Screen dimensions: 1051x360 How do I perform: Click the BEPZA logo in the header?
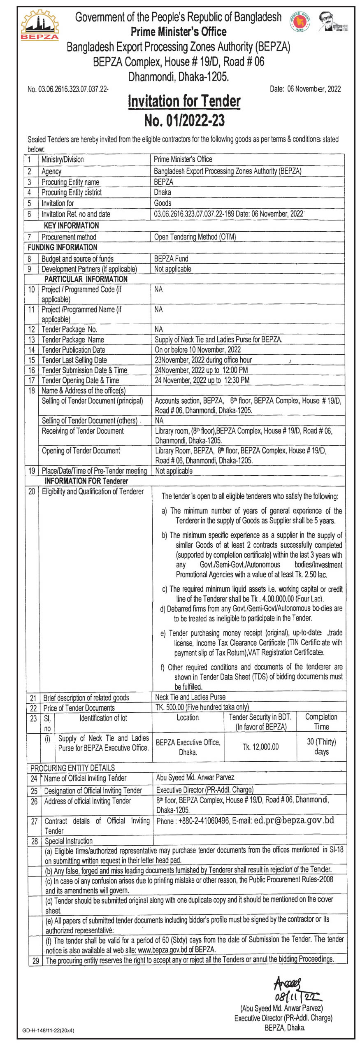pos(39,26)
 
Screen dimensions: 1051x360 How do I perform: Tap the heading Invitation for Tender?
pos(184,101)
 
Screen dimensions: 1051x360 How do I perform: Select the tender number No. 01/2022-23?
pos(184,121)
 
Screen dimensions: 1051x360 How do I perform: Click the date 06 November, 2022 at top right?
pos(305,89)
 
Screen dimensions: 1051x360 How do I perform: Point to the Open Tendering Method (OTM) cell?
pos(195,237)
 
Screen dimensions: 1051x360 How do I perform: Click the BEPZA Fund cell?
pos(171,258)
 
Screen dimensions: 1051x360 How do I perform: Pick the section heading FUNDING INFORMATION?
pos(62,247)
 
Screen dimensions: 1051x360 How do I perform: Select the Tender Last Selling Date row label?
pos(74,360)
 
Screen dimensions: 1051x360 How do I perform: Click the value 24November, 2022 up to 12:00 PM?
pos(201,370)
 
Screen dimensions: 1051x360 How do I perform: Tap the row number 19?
pos(32,470)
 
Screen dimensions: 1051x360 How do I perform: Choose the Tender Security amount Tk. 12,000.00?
pos(260,746)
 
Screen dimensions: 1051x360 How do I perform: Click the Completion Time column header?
pos(321,721)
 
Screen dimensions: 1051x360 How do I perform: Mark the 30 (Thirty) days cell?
pos(321,746)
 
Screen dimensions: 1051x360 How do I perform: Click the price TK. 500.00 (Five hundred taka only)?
pos(202,707)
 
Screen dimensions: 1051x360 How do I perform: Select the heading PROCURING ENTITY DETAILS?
pos(72,767)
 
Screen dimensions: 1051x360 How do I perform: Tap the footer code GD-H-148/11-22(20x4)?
pos(48,1030)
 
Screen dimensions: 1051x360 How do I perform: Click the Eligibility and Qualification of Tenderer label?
pos(93,491)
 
